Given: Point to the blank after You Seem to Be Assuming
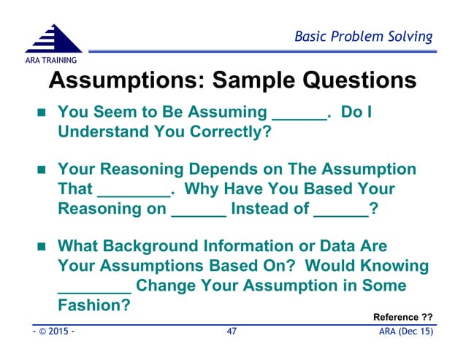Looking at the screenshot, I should click(x=299, y=115).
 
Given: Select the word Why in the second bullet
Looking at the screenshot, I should click(x=204, y=189).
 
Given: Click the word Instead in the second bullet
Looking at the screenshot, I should click(x=260, y=209).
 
